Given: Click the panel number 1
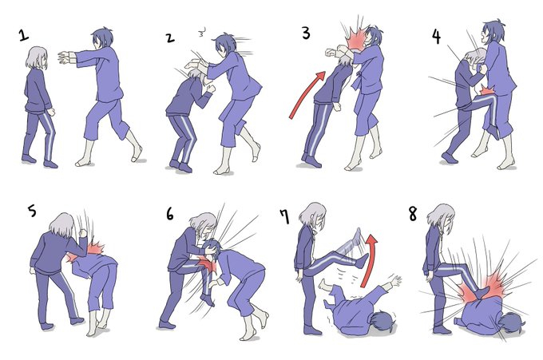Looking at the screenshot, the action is [23, 35].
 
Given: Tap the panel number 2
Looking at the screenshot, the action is [169, 38].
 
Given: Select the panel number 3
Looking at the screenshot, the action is [306, 34].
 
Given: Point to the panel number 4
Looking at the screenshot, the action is [436, 37].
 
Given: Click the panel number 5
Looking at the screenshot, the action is [32, 211].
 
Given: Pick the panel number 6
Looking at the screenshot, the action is [169, 214].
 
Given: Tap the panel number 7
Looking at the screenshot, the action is [284, 216].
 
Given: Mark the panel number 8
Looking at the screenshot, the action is [413, 214].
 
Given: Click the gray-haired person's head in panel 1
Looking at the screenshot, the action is [37, 57].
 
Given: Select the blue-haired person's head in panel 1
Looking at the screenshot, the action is [102, 38].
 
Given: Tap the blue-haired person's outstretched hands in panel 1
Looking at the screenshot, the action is [65, 57].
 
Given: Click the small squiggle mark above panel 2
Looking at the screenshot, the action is [202, 34].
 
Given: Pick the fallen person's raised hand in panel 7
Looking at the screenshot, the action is [395, 279].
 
